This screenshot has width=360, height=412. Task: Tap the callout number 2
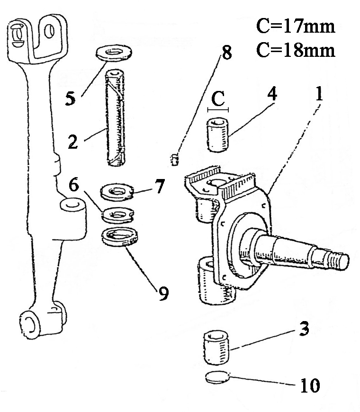73,142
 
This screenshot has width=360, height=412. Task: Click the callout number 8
227,53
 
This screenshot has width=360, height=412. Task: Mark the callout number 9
163,294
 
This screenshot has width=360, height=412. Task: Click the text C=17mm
296,26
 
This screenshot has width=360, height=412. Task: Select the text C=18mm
296,50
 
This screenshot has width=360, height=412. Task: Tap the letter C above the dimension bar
218,99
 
